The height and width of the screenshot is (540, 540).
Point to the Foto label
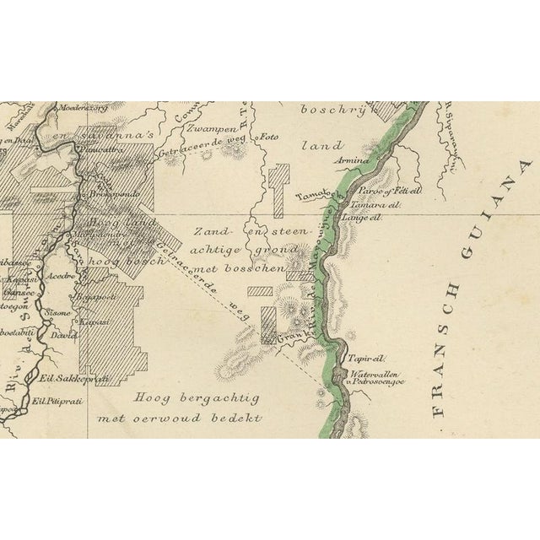(268, 135)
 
